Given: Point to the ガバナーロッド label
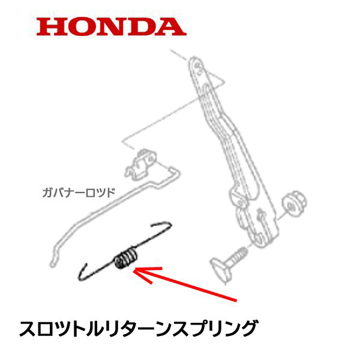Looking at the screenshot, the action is click(x=78, y=193).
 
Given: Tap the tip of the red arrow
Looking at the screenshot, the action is click(x=134, y=271).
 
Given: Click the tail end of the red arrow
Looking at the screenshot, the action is click(x=237, y=298).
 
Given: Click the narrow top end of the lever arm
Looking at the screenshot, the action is click(x=196, y=62).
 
